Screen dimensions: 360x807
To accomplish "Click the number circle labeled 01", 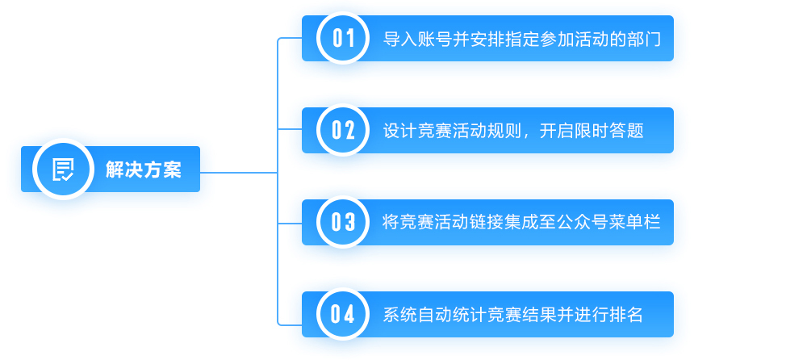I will (343, 38).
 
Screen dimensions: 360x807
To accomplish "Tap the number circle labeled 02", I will (343, 130).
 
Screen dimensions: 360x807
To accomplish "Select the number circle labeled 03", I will (343, 222).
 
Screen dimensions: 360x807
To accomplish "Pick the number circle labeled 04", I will (343, 314).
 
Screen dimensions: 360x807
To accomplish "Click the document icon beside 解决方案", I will (63, 169).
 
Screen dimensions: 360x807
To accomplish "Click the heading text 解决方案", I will (144, 170).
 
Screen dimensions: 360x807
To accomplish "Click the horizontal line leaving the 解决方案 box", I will (238, 172).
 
